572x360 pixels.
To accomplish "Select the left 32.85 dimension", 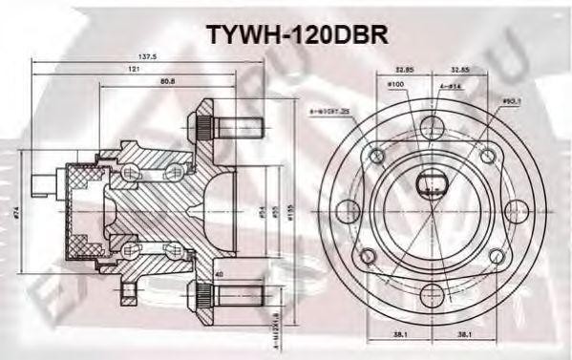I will pyautogui.click(x=408, y=71).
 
